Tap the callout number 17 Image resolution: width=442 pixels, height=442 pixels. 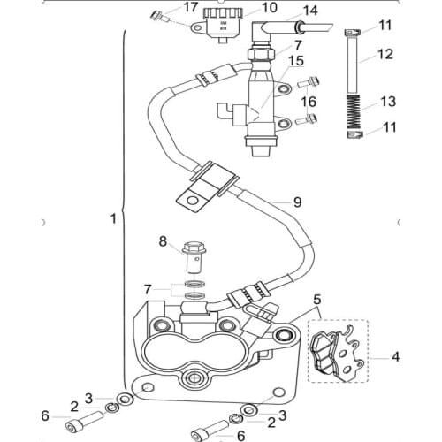(190, 8)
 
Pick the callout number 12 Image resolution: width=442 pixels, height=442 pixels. (385, 55)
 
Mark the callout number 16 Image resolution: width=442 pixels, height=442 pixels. (309, 103)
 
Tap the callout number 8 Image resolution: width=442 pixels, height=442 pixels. (162, 240)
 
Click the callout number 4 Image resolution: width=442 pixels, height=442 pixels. (395, 357)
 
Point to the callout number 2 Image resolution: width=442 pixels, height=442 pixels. (74, 406)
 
